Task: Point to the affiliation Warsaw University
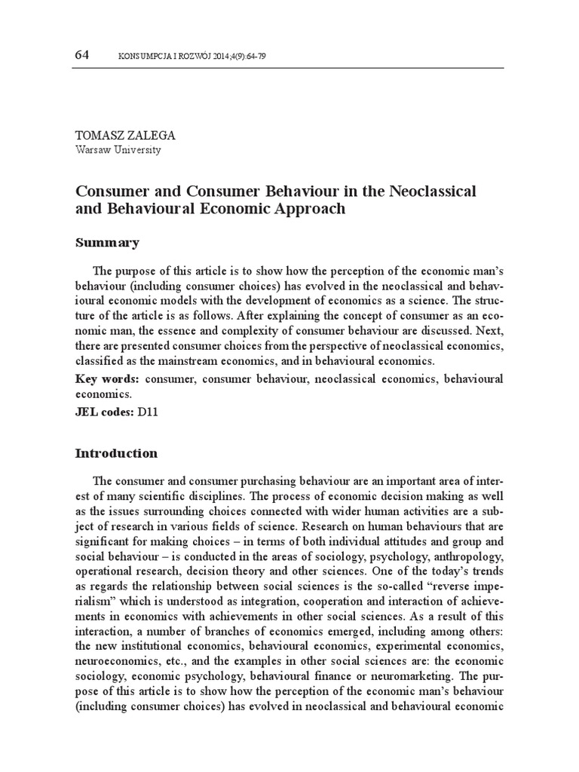[118, 149]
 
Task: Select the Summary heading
[107, 243]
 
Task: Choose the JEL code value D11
[149, 412]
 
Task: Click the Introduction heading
[117, 454]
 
